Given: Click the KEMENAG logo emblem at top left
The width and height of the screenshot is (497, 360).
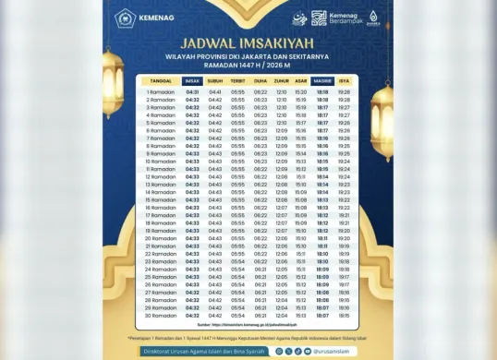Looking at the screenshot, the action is point(124,17).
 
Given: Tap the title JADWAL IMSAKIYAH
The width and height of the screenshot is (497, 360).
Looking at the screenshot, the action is point(248,42).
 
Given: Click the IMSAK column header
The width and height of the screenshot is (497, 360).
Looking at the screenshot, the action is point(192,81).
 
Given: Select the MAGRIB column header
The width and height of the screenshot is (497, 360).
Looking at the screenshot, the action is point(322,81).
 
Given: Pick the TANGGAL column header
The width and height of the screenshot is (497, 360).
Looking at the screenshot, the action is point(161,81).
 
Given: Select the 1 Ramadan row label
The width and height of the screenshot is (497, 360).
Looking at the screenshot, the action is point(161,92).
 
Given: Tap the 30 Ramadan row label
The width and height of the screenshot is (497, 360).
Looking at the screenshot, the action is point(161,315).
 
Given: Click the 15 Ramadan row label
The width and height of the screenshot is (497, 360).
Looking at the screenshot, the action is point(161,199).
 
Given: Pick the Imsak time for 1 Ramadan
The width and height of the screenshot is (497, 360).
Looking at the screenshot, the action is point(192,92).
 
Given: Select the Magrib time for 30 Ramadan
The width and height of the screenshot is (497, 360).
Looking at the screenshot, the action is point(322,315).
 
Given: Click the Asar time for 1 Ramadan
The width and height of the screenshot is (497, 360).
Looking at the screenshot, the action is point(301,92).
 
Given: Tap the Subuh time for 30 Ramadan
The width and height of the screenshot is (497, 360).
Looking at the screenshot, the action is point(215,315).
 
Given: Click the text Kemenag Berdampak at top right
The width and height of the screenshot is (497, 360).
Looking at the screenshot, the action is point(345,18).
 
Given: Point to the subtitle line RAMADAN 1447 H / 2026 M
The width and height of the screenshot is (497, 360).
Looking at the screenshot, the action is point(248,65).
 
